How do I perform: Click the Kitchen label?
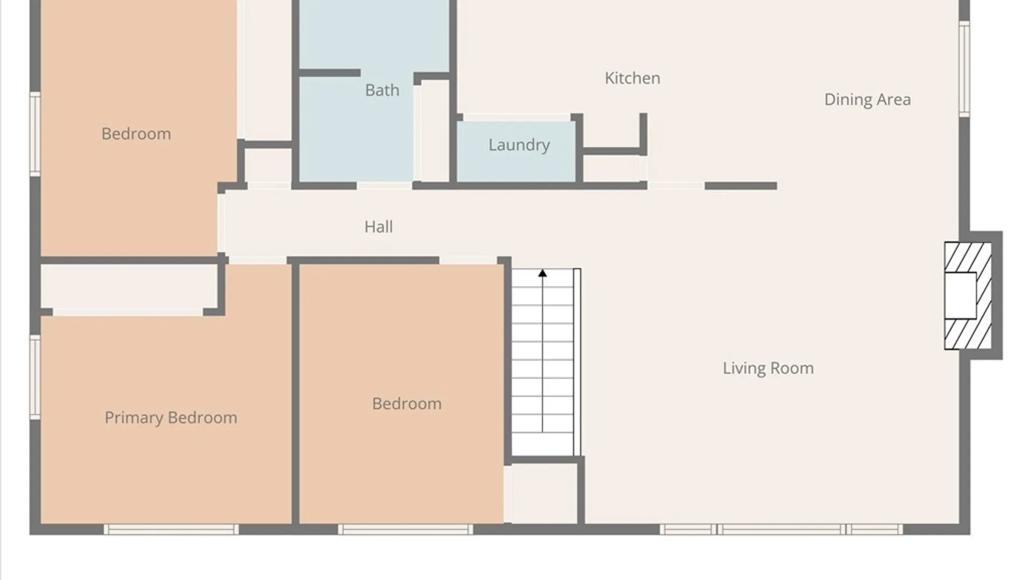[633, 78]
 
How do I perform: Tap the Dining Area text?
[867, 100]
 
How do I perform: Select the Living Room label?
[768, 368]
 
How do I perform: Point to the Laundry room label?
[519, 145]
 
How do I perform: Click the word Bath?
[382, 90]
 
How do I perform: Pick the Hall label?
[379, 227]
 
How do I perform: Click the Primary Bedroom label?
[171, 418]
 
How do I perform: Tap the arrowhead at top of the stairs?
[542, 273]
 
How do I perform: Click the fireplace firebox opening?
[960, 296]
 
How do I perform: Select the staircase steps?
[542, 363]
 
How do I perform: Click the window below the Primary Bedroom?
[171, 530]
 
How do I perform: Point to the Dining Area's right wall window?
[964, 69]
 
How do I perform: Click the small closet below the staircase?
[544, 493]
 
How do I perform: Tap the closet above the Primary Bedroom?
[129, 287]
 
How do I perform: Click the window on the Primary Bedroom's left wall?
[35, 377]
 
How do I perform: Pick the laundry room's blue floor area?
[516, 151]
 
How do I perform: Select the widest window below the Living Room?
[781, 530]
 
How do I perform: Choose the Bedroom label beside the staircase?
[407, 404]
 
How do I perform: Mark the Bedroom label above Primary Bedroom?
[136, 134]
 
